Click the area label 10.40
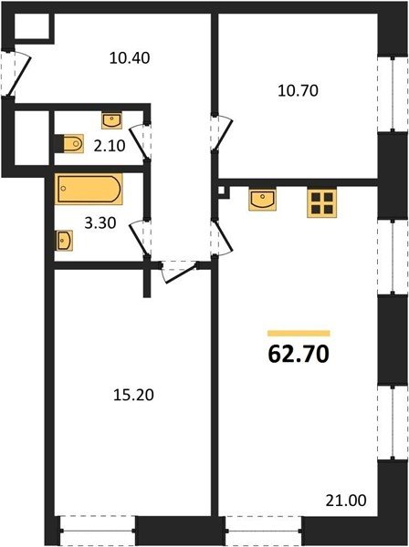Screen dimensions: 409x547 point(130,57)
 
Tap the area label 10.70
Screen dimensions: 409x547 point(298,90)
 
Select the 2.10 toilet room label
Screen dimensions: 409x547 point(110,146)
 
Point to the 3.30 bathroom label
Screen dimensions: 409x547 point(100,223)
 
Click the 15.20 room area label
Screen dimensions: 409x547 point(134,396)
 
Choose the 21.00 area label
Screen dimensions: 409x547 point(346,501)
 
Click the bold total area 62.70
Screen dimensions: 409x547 point(299,355)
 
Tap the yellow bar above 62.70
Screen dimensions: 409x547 point(299,334)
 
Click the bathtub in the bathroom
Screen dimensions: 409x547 point(89,189)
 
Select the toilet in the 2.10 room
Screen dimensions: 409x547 point(74,143)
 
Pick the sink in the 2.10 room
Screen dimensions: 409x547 point(111,120)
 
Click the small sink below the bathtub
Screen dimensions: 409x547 point(64,241)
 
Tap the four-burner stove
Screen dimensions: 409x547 point(322,203)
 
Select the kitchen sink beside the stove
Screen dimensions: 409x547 point(263,200)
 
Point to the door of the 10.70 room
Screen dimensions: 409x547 point(222,132)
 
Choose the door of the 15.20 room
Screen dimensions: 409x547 point(178,272)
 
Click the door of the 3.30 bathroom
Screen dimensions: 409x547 point(140,238)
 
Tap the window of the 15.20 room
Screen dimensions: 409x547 point(98,531)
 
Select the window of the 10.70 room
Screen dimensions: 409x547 point(393,95)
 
